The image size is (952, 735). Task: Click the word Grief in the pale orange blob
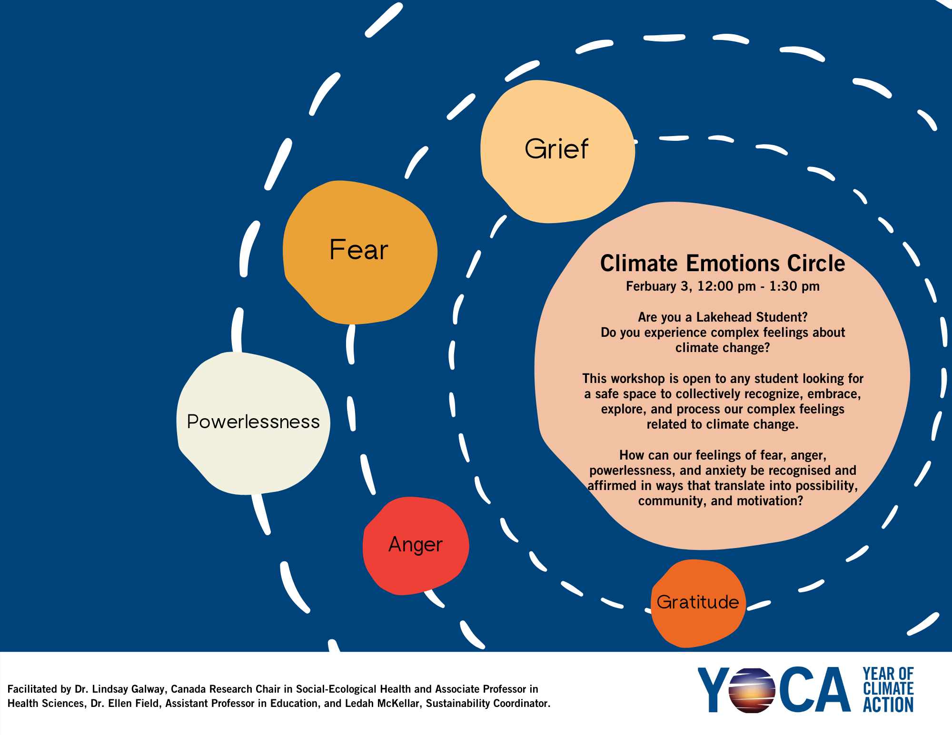click(x=556, y=149)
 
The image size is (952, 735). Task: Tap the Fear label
click(x=359, y=250)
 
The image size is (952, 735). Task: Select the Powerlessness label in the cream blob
click(x=253, y=422)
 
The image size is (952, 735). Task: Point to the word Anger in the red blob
click(x=416, y=545)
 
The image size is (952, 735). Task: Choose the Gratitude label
click(x=697, y=602)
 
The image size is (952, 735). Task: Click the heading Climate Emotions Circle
click(x=723, y=263)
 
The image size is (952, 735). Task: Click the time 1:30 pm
click(x=794, y=286)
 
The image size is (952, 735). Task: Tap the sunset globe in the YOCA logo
click(x=752, y=690)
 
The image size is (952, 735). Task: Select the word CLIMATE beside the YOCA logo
click(x=888, y=689)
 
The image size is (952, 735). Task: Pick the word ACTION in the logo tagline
click(x=888, y=705)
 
